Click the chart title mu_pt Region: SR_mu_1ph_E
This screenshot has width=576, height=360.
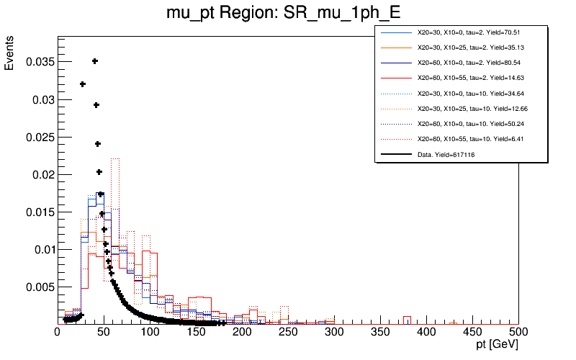coord(287,13)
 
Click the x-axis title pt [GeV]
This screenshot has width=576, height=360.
coord(492,346)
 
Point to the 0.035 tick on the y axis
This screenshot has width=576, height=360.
coord(40,62)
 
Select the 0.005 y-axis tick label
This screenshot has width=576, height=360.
coord(40,287)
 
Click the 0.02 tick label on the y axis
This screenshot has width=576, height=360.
coord(42,174)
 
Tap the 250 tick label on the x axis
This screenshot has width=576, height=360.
coord(288,332)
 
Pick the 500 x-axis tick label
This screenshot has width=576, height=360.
coord(518,332)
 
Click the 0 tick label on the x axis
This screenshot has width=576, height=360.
coord(58,332)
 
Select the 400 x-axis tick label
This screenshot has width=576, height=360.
coord(426,332)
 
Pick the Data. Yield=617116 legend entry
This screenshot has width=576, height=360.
coord(446,154)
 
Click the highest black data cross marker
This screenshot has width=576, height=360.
coord(94,61)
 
